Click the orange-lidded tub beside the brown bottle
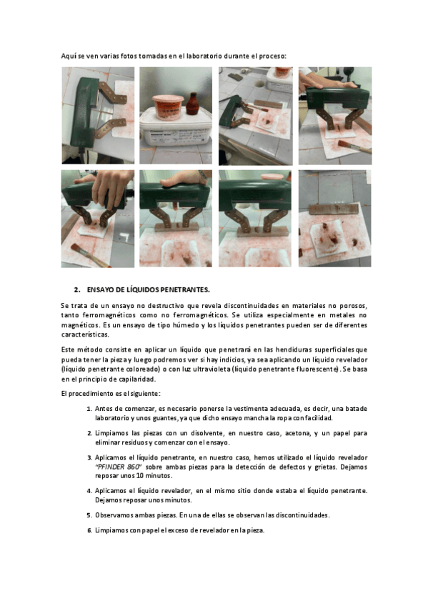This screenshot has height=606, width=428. (x=168, y=106)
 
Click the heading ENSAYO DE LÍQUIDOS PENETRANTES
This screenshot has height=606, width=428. (x=149, y=290)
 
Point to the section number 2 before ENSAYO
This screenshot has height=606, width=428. (x=76, y=290)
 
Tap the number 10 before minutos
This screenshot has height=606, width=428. (x=139, y=476)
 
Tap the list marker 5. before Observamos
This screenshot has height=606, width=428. (x=89, y=515)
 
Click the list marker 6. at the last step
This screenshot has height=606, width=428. (x=89, y=530)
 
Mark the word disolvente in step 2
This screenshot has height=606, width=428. (x=206, y=433)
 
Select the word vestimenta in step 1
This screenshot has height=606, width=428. (x=251, y=409)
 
